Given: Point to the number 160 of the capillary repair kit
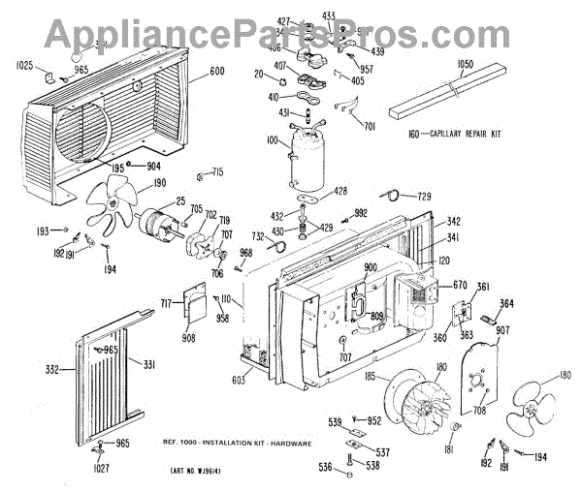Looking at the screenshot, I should click(425, 132).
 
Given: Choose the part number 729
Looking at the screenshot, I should click(424, 196).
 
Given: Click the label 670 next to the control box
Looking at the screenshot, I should click(460, 285).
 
